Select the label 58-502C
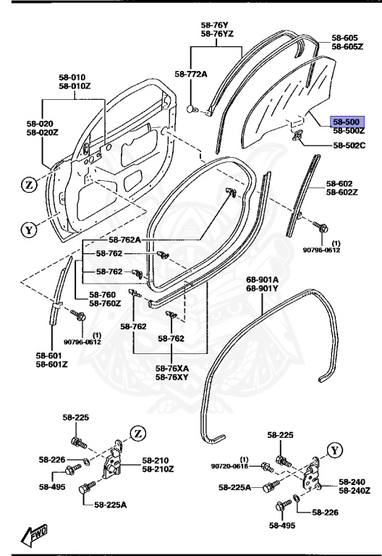point(349,146)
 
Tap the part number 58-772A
point(190,74)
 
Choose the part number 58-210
point(156,460)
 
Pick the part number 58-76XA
point(171,368)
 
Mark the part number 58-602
point(341,183)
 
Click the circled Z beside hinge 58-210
point(137,433)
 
